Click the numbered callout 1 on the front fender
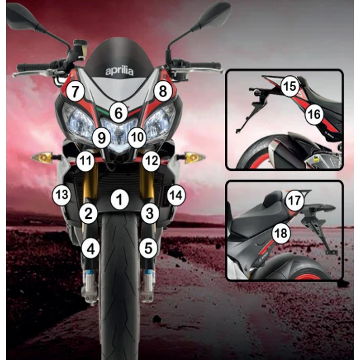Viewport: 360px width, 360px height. click(119, 199)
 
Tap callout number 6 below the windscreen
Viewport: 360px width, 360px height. click(119, 113)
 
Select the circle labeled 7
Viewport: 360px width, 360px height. click(75, 90)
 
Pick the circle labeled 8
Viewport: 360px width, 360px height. click(161, 90)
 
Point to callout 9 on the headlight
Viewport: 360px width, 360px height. click(101, 138)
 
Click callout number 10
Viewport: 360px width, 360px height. click(136, 138)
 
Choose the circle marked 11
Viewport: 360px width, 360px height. click(85, 161)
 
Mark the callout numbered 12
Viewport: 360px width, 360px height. click(151, 161)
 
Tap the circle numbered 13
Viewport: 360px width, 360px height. click(62, 195)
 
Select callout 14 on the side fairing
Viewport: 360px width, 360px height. click(176, 195)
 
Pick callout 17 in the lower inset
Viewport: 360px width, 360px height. click(294, 201)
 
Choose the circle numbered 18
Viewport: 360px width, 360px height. click(280, 233)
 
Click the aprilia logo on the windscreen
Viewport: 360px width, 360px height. click(119, 71)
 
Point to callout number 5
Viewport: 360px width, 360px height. click(148, 248)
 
